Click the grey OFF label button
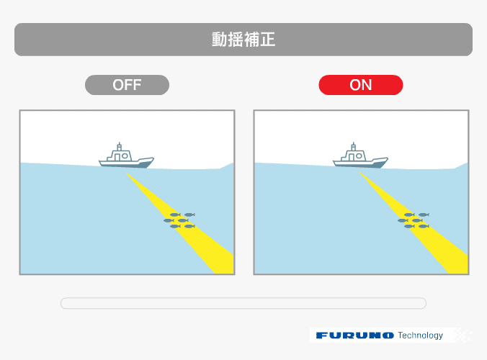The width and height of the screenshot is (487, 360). pyautogui.click(x=127, y=85)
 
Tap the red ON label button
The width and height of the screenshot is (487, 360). pyautogui.click(x=361, y=85)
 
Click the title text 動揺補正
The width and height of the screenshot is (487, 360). pyautogui.click(x=243, y=40)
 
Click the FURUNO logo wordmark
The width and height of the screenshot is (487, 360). pyautogui.click(x=355, y=336)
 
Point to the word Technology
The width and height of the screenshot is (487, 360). pyautogui.click(x=420, y=336)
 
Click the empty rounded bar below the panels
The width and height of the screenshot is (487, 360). pyautogui.click(x=243, y=303)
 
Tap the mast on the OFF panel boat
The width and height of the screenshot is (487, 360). pyautogui.click(x=120, y=146)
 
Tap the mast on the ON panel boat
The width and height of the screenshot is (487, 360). pyautogui.click(x=354, y=146)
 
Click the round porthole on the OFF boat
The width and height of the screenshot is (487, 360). pyautogui.click(x=125, y=156)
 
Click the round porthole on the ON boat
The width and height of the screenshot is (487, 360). pyautogui.click(x=359, y=156)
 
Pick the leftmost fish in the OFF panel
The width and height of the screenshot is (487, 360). pyautogui.click(x=169, y=220)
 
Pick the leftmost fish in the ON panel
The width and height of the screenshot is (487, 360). pyautogui.click(x=403, y=220)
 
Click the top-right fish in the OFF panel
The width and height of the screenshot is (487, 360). pyautogui.click(x=189, y=215)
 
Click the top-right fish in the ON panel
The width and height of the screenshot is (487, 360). pyautogui.click(x=424, y=215)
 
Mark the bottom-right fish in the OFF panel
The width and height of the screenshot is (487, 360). pyautogui.click(x=189, y=226)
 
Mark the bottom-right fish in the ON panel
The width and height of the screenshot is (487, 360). pyautogui.click(x=424, y=226)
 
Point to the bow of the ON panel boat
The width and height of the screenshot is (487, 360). pyautogui.click(x=388, y=158)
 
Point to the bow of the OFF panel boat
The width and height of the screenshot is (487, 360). pyautogui.click(x=153, y=158)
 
